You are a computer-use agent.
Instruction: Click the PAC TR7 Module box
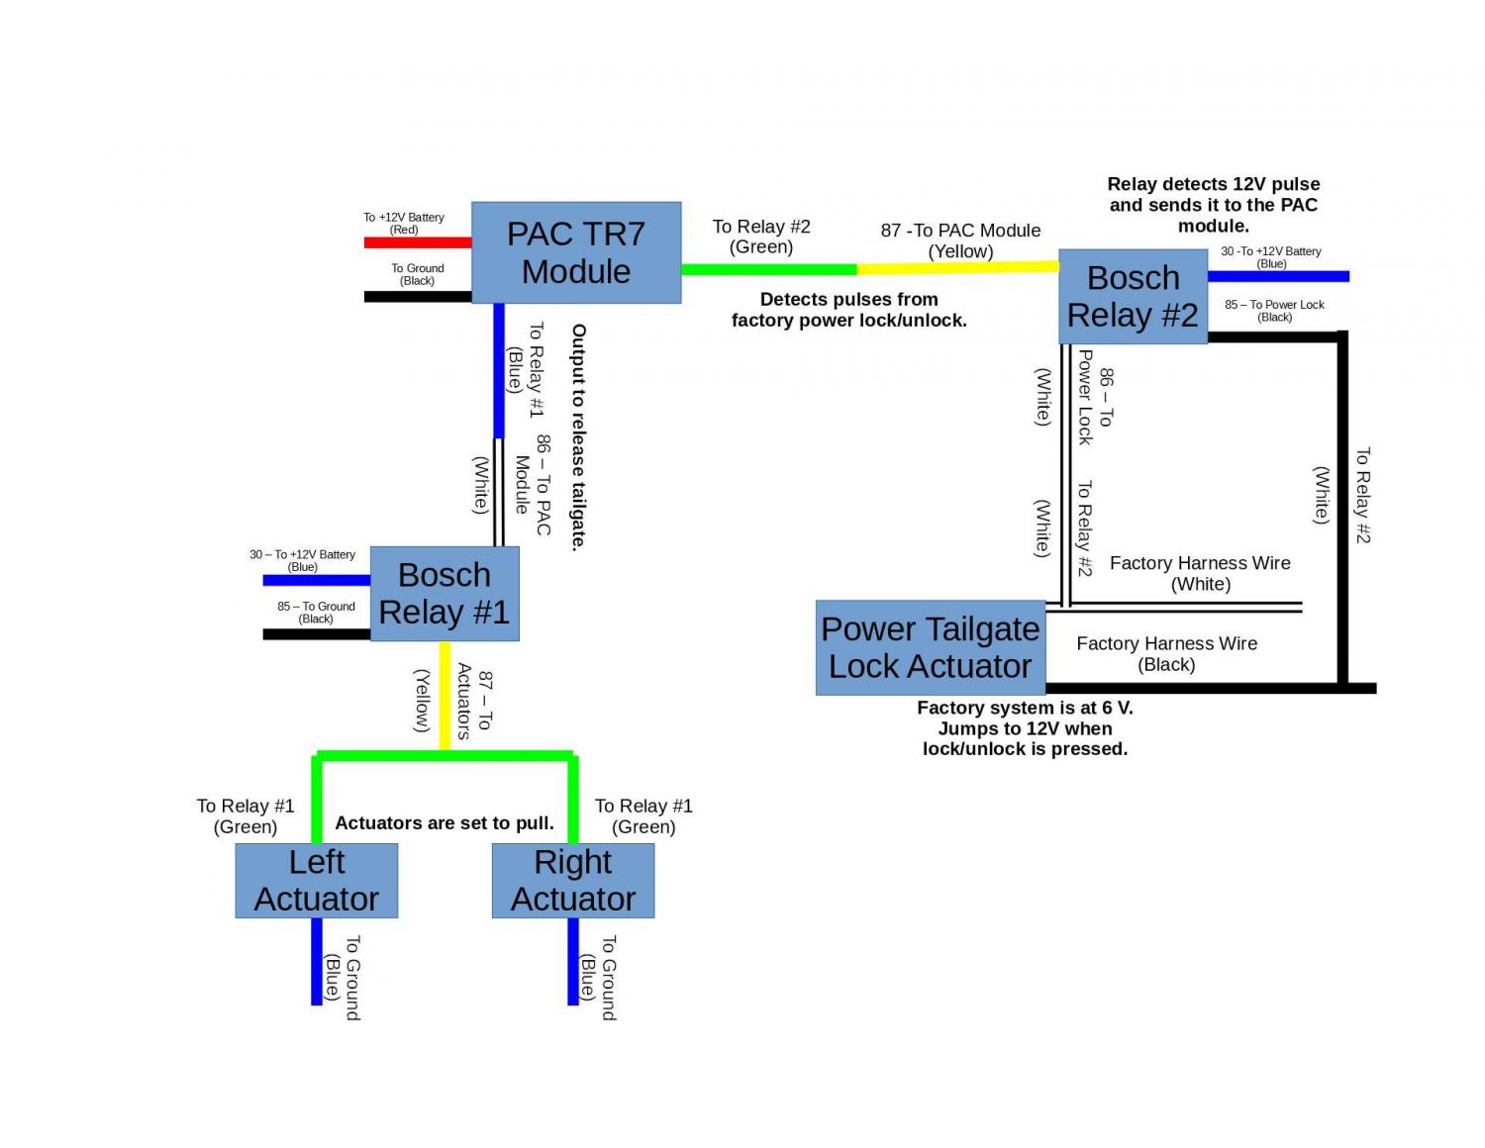point(576,252)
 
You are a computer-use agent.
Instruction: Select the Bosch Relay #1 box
point(445,594)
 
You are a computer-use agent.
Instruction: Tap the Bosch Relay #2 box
point(1133,296)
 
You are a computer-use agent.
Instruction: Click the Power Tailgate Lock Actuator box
point(931,647)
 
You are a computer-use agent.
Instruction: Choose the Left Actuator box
point(317,880)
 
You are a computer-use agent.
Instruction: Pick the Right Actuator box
point(573,880)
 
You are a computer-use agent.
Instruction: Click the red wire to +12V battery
point(418,242)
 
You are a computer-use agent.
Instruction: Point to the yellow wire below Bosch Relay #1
point(445,693)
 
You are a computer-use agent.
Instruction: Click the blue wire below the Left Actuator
point(317,960)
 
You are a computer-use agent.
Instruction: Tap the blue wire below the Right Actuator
point(573,960)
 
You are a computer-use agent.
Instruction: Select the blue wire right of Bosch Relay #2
point(1277,276)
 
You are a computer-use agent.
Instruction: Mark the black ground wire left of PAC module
point(418,296)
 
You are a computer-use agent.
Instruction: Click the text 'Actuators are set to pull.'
point(445,823)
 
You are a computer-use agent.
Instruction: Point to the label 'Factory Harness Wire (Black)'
point(1166,654)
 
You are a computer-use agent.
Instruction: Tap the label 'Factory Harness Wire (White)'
point(1200,573)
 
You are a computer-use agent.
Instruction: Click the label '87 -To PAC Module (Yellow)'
point(960,240)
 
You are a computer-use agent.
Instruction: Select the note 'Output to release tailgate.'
point(579,436)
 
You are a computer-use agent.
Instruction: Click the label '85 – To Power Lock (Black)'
point(1274,311)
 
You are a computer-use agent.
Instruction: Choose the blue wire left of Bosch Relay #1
point(316,580)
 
